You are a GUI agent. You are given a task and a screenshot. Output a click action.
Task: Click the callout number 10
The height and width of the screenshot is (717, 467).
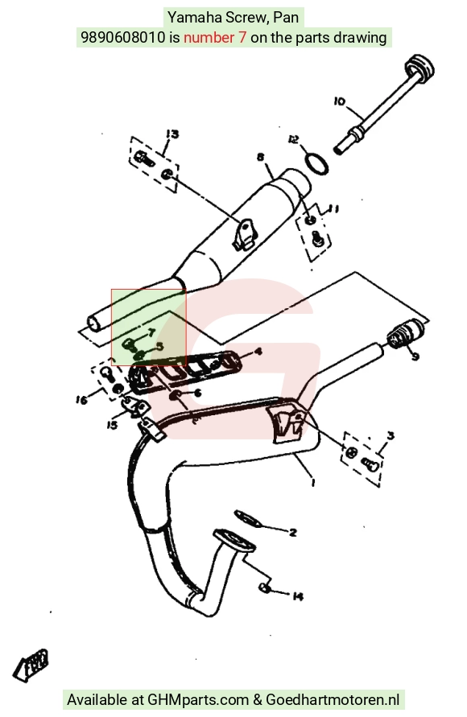click(x=340, y=101)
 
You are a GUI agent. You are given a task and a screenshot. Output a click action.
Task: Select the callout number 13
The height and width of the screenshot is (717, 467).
click(x=172, y=134)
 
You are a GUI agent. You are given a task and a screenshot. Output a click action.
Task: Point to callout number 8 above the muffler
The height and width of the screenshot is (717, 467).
click(x=260, y=157)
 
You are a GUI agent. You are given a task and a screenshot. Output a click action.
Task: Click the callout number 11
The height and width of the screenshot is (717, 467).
click(x=333, y=209)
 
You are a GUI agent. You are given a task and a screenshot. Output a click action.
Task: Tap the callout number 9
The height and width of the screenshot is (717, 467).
click(x=415, y=356)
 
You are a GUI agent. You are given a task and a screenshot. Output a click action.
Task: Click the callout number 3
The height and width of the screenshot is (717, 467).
click(x=391, y=435)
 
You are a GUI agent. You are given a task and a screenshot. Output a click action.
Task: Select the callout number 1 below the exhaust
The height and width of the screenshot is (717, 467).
click(x=313, y=481)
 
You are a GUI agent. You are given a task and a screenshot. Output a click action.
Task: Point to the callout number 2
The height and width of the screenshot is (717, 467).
click(x=293, y=532)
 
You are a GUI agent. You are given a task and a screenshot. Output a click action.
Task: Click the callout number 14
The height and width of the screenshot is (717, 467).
click(x=297, y=596)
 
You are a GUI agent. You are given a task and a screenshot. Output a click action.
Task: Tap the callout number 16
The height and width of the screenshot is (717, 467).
click(x=81, y=400)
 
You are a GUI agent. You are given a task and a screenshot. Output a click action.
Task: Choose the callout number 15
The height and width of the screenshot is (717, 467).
click(x=112, y=425)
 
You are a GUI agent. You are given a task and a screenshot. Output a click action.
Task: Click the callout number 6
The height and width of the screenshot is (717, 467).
click(x=197, y=393)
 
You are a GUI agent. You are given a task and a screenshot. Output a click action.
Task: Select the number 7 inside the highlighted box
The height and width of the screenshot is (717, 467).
click(x=151, y=332)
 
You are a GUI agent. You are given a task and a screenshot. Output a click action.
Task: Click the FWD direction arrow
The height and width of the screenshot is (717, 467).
click(x=31, y=664)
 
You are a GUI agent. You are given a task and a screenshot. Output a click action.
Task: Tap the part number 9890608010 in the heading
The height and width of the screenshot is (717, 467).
click(x=122, y=37)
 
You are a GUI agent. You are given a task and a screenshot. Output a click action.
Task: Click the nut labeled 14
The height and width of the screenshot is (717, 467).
click(x=264, y=587)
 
